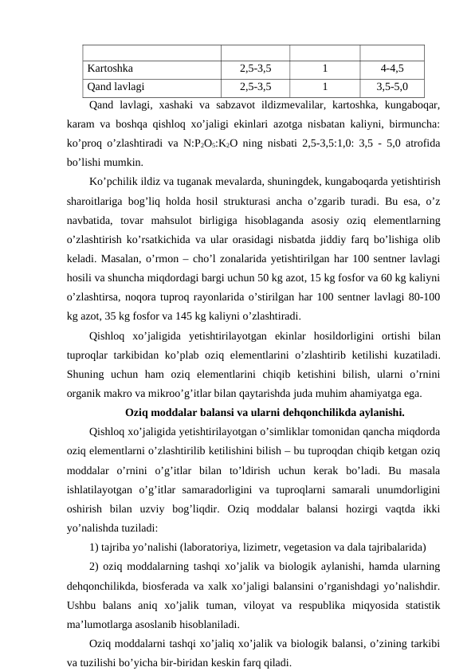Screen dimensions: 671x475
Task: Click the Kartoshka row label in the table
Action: [x=111, y=69]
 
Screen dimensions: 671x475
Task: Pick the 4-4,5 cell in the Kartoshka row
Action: [x=391, y=69]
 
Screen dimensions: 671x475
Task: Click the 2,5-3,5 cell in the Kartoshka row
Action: [x=255, y=69]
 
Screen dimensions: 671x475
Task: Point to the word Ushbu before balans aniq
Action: [x=84, y=605]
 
